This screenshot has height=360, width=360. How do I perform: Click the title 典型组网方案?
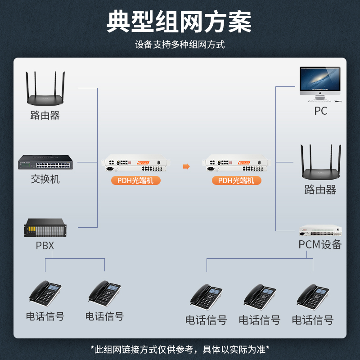point(180,21)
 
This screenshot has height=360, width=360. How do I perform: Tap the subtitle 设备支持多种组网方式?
point(180,45)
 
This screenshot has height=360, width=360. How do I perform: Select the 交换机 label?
point(45,179)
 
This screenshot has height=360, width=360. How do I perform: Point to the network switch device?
point(45,162)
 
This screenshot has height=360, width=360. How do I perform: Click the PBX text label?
point(45,246)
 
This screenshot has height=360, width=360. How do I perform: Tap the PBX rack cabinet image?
point(45,227)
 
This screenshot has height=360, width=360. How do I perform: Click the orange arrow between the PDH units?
point(186,166)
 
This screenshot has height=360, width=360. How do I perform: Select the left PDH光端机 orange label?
point(135,180)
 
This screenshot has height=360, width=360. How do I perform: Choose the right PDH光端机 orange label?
point(236,180)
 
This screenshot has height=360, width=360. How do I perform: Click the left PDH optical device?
point(135,164)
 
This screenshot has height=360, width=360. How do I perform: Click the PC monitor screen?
point(320,79)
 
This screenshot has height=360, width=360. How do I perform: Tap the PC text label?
point(321,111)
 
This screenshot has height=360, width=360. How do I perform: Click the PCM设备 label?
point(320,244)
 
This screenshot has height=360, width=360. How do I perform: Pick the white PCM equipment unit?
point(320,230)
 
